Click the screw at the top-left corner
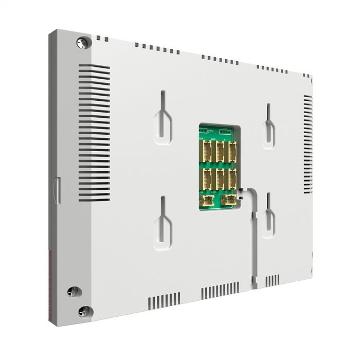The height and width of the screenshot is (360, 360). (82, 43)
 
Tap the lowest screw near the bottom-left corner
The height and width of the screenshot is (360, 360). (83, 311)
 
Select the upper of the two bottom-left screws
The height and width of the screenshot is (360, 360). (74, 292)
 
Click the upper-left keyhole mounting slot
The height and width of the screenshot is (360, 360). (163, 118)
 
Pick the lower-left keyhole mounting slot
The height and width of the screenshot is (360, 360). (163, 224)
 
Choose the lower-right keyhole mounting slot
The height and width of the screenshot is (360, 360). (268, 216)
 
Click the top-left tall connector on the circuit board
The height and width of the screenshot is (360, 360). (207, 152)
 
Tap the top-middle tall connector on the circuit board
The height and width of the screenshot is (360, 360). (220, 152)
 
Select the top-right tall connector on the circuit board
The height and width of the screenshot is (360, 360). (232, 152)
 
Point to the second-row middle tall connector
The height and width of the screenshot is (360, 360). (220, 178)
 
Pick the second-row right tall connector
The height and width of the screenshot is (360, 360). (232, 178)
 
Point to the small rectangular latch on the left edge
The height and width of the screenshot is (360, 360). (58, 190)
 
